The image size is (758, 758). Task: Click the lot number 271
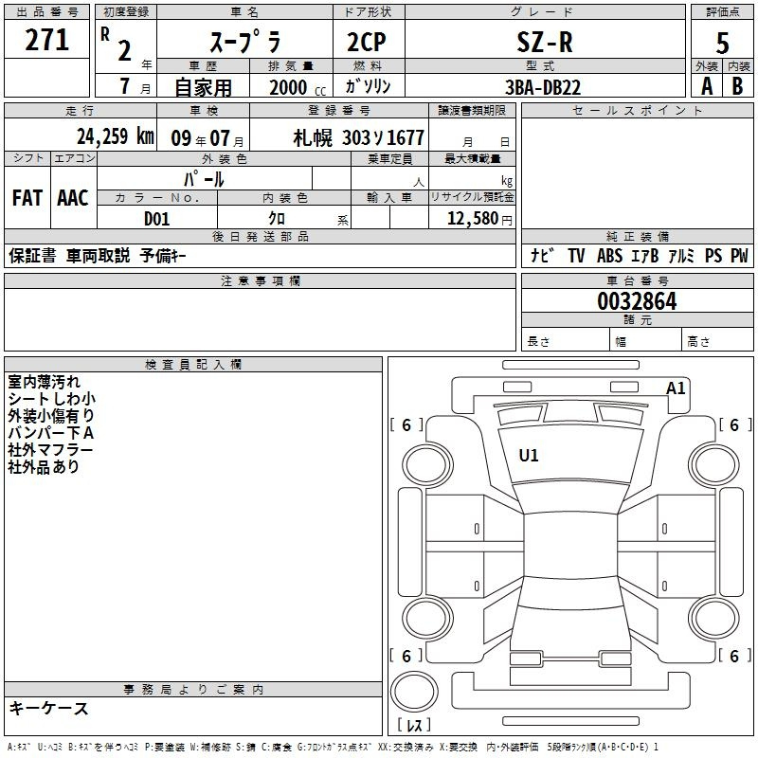(x=46, y=40)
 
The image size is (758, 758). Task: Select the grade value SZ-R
(x=545, y=42)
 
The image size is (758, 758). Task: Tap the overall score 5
(x=722, y=43)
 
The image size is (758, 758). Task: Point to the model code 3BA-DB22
(x=542, y=87)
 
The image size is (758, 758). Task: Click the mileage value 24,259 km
(x=115, y=136)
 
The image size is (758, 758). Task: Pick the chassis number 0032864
(x=637, y=301)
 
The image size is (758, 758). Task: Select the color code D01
(x=156, y=219)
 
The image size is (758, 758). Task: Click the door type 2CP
(x=367, y=42)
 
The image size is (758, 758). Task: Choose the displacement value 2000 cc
(x=298, y=87)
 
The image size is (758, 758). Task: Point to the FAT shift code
(x=27, y=198)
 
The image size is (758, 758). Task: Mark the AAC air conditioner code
(x=73, y=198)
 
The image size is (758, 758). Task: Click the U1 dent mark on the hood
(x=529, y=455)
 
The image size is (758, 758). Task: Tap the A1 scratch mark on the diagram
(x=676, y=388)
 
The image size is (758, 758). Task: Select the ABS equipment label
(x=609, y=255)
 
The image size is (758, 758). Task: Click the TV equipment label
(x=576, y=255)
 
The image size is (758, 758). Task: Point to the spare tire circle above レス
(x=414, y=692)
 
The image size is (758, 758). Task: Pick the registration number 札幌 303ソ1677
(x=358, y=137)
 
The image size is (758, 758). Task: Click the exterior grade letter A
(x=707, y=86)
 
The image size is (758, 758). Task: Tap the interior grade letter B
(x=737, y=86)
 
